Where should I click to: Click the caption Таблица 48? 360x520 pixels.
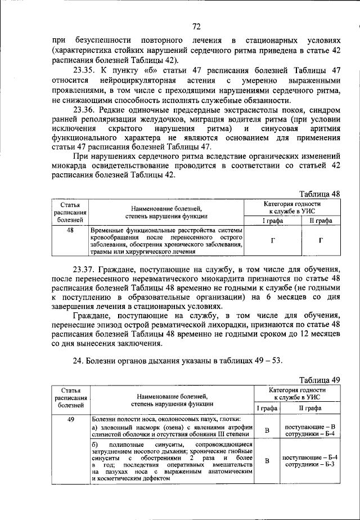click(319, 193)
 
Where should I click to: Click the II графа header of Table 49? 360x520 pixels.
click(310, 409)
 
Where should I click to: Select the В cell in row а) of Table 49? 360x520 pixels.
click(267, 431)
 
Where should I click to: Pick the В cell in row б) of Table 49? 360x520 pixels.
click(267, 461)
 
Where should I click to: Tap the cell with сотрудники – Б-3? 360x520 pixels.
click(310, 465)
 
